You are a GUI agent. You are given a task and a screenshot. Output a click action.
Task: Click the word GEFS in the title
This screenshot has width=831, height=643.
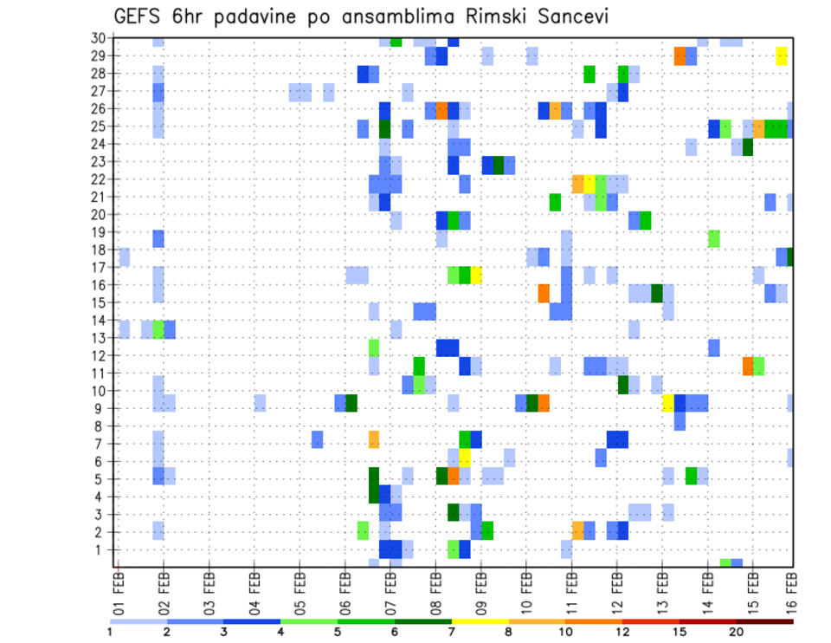click(139, 16)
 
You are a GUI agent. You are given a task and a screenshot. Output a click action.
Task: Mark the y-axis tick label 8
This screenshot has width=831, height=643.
click(102, 426)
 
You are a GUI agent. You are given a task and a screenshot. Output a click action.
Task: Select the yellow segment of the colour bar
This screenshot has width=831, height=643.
click(480, 621)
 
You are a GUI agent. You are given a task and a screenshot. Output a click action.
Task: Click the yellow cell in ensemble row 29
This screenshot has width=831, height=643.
click(782, 55)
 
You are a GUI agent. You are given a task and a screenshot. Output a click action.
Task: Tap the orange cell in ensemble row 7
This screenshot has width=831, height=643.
click(374, 439)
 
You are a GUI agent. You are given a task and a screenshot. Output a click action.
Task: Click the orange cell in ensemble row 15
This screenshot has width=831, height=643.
click(544, 293)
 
